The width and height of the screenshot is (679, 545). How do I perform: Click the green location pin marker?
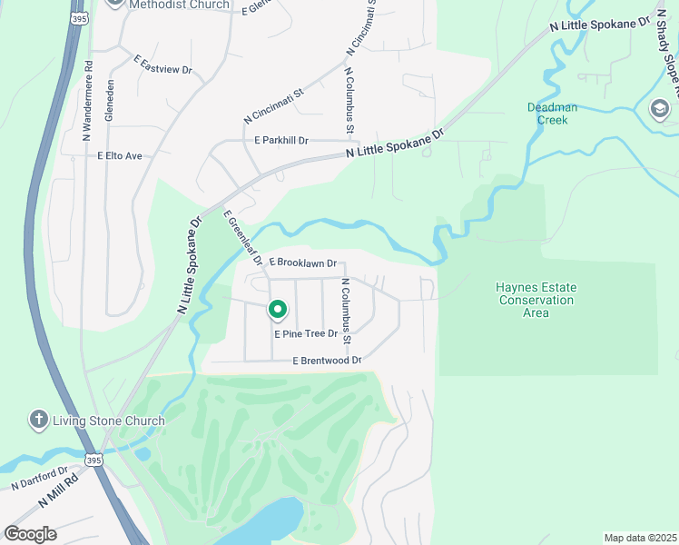[278, 311]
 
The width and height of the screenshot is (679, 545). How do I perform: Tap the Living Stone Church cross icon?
[38, 420]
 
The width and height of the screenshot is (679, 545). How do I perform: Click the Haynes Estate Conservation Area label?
[536, 300]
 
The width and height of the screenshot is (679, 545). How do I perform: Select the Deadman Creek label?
[547, 114]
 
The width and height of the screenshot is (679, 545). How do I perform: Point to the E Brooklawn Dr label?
[302, 262]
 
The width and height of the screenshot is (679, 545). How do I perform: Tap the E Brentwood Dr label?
[327, 361]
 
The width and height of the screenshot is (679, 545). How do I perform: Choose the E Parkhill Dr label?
[282, 141]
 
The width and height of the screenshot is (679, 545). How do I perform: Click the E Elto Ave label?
[120, 156]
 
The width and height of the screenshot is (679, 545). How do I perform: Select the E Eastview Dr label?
[163, 64]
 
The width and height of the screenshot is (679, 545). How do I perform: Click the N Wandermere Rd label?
[88, 100]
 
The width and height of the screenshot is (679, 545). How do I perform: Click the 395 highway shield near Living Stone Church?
[94, 461]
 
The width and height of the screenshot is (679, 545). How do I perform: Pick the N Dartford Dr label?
[40, 479]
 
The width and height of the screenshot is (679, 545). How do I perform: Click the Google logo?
[30, 534]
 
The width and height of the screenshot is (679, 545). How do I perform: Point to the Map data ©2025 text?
[639, 538]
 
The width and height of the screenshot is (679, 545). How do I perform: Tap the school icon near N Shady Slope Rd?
[658, 110]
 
